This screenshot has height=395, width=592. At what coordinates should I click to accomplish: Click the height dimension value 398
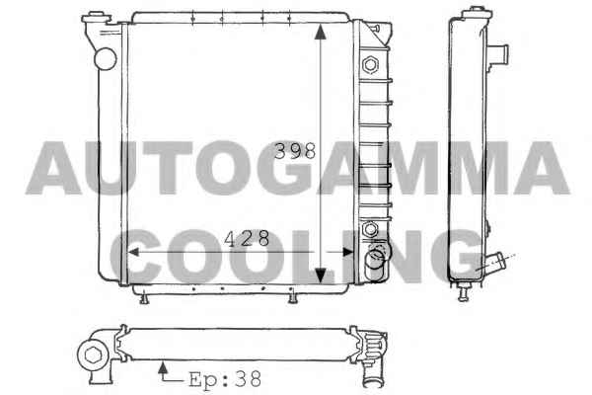tap(295, 150)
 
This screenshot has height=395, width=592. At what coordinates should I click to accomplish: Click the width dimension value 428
tap(247, 238)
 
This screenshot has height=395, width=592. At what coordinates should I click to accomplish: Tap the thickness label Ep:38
tap(225, 378)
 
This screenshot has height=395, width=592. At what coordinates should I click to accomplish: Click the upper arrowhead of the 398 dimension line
tap(320, 32)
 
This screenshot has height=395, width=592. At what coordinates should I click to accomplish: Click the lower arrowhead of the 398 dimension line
tap(320, 275)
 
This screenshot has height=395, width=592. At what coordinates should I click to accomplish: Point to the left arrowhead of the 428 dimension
tap(134, 252)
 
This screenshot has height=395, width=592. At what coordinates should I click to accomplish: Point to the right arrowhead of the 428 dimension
tap(347, 252)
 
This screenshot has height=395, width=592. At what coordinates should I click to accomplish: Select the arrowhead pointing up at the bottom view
tap(163, 367)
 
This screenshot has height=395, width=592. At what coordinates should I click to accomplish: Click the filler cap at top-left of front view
tap(96, 17)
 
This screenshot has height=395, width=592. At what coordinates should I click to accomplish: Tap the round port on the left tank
tap(106, 59)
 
